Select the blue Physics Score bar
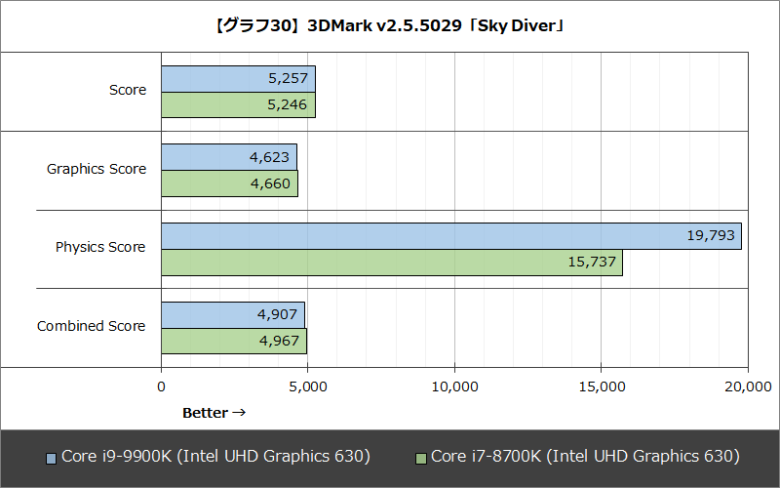click(x=450, y=236)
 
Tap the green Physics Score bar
click(x=391, y=263)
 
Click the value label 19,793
click(x=711, y=236)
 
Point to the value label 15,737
click(x=592, y=263)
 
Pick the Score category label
click(x=128, y=91)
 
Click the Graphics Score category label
click(x=97, y=169)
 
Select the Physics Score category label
click(x=100, y=248)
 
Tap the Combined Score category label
click(x=92, y=326)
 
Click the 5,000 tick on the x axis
click(x=308, y=387)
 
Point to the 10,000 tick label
click(x=454, y=387)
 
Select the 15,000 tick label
click(x=601, y=387)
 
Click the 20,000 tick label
click(x=747, y=387)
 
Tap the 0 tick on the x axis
click(x=161, y=387)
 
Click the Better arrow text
click(x=214, y=413)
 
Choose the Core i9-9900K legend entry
click(x=208, y=457)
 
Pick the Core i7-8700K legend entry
click(x=577, y=457)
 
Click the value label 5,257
click(x=286, y=78)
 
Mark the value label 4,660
click(x=267, y=183)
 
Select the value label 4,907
click(x=275, y=315)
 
